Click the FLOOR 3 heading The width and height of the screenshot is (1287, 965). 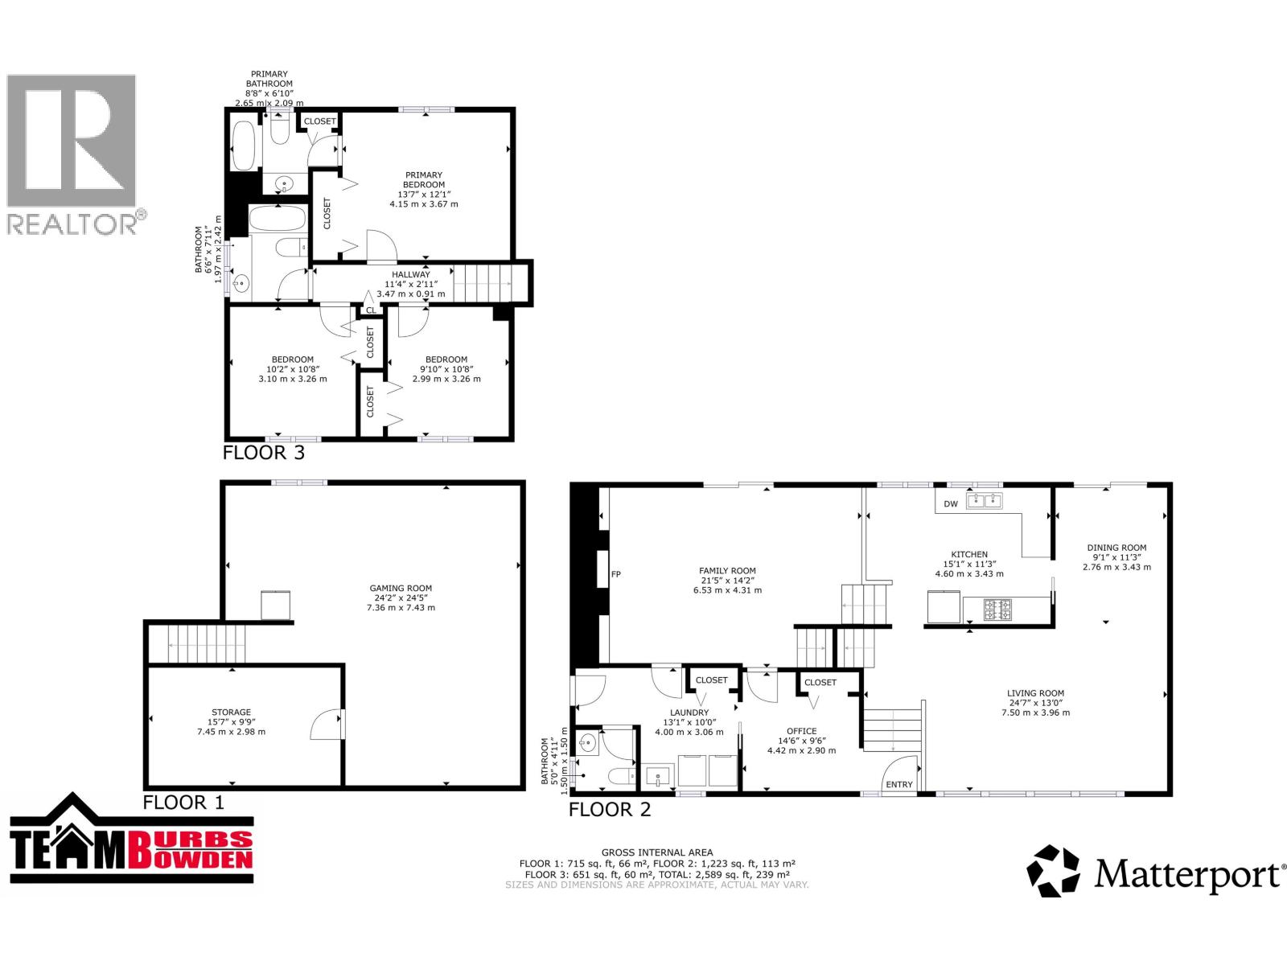click(x=263, y=453)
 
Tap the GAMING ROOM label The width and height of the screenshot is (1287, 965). click(x=401, y=589)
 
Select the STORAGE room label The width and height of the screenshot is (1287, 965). click(x=231, y=712)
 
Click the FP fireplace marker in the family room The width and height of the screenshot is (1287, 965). click(x=616, y=574)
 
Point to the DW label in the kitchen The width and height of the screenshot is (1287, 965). click(x=951, y=504)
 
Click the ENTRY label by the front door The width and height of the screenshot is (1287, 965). click(x=899, y=785)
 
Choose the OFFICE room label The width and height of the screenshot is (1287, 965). click(x=801, y=732)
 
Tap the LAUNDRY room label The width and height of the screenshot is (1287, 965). click(x=689, y=713)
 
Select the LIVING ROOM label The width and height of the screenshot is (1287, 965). click(x=1035, y=693)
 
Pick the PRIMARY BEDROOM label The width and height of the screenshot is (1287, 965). click(x=424, y=180)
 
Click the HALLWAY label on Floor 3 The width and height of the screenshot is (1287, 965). click(x=411, y=275)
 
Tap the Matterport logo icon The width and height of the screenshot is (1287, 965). click(x=1054, y=870)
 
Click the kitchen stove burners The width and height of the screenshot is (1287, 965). click(x=998, y=609)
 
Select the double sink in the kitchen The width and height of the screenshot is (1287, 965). click(x=984, y=501)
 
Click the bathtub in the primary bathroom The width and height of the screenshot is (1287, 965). click(x=244, y=146)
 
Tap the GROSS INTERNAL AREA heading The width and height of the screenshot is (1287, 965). click(x=657, y=852)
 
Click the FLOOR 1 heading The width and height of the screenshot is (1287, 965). click(x=183, y=802)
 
